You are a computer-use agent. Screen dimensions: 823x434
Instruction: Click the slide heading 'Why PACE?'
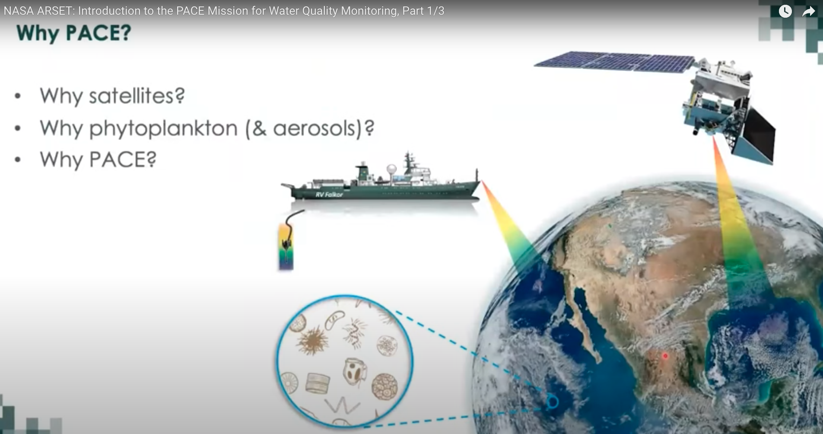click(73, 33)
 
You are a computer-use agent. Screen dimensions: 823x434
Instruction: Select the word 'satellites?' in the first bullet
click(137, 96)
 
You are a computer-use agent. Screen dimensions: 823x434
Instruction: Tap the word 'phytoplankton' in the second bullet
click(163, 128)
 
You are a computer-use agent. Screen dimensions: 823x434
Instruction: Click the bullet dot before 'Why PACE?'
click(18, 160)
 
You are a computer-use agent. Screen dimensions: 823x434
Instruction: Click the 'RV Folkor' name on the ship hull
click(329, 195)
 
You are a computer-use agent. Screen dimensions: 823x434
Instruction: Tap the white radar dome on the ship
click(392, 168)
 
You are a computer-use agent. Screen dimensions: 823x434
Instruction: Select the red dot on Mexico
click(665, 356)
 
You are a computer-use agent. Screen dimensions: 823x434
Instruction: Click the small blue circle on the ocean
click(553, 402)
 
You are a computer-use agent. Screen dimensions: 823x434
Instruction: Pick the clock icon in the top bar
click(785, 11)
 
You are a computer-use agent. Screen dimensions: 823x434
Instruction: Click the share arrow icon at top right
click(808, 11)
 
